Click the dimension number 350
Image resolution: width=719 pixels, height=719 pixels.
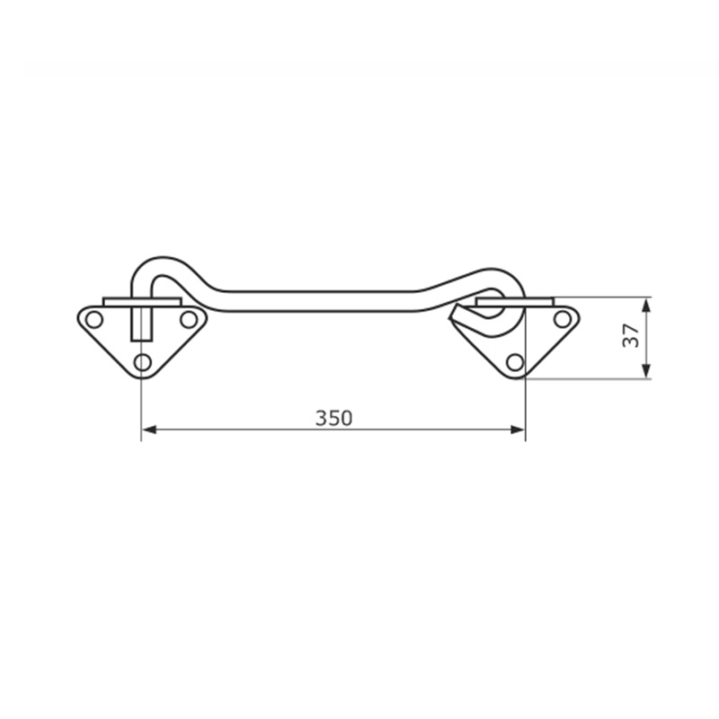point(333,418)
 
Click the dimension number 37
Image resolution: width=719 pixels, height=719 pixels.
point(631,335)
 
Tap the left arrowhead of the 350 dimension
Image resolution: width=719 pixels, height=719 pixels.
point(149,430)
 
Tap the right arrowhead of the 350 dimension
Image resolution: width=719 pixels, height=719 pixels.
point(518,430)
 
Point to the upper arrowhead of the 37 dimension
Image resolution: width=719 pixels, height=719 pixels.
point(645,306)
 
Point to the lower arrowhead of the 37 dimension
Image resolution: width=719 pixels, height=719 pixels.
point(645,371)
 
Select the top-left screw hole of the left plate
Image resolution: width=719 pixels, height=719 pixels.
point(94,320)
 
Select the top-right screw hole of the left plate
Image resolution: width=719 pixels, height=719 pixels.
point(189,320)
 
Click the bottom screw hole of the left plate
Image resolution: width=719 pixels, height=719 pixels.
point(143,363)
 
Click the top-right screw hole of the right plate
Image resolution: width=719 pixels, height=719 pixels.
point(563,319)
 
